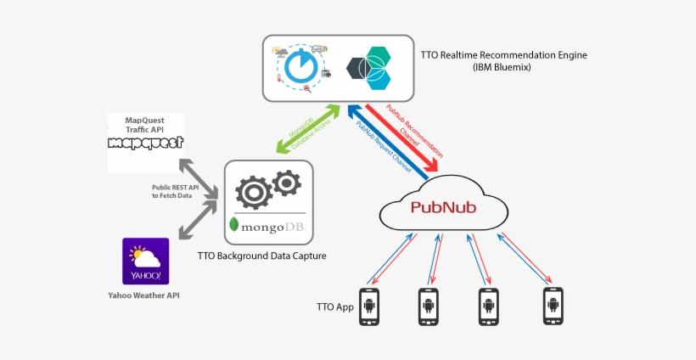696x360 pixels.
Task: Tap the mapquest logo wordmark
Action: (x=146, y=142)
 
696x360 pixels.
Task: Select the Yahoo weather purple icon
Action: (x=146, y=261)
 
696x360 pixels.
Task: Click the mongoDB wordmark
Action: (x=269, y=226)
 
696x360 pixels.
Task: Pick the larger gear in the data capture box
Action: (x=254, y=192)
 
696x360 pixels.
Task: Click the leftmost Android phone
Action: (x=369, y=307)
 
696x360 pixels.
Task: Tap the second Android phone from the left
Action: (x=429, y=307)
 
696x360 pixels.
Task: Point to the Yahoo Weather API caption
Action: (x=144, y=295)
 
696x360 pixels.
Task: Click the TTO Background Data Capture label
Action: (x=261, y=255)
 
